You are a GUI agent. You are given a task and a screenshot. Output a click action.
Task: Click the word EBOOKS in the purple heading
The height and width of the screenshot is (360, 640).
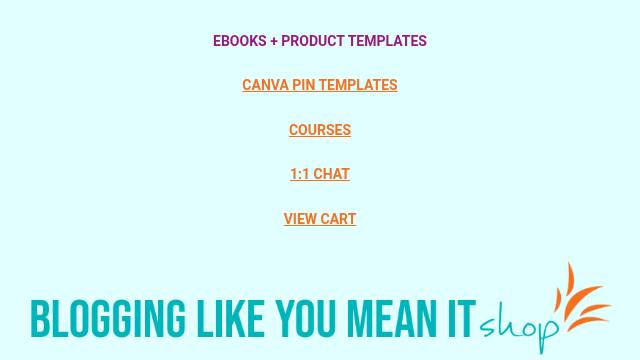[240, 41]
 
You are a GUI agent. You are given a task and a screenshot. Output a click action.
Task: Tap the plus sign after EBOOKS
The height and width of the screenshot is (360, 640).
[273, 41]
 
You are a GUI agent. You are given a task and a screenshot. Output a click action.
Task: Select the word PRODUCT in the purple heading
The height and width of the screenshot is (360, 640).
[313, 41]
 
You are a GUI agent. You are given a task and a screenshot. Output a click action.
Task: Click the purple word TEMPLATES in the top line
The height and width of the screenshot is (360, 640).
[387, 41]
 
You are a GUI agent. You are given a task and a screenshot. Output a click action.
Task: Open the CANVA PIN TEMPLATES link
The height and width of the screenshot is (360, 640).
[320, 85]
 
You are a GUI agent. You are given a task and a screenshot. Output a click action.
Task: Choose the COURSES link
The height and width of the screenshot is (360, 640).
[320, 130]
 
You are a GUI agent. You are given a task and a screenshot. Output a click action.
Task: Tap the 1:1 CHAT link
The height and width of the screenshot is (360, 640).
[320, 174]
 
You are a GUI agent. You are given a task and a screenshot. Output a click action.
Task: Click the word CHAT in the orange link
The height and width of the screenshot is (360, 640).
[331, 174]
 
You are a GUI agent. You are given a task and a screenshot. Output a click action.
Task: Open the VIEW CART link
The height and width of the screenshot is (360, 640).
[320, 219]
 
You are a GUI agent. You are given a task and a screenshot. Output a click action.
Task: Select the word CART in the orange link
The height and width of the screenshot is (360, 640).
[338, 219]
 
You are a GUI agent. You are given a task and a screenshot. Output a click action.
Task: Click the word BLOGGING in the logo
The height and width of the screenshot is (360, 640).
[108, 318]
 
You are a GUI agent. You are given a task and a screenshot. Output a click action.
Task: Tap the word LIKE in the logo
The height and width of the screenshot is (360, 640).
[230, 318]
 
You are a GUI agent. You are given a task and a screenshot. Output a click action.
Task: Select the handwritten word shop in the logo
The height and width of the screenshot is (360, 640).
[519, 327]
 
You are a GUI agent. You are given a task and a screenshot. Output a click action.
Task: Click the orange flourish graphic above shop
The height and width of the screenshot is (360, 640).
[582, 297]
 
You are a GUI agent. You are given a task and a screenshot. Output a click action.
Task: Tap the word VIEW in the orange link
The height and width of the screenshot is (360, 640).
[300, 219]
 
